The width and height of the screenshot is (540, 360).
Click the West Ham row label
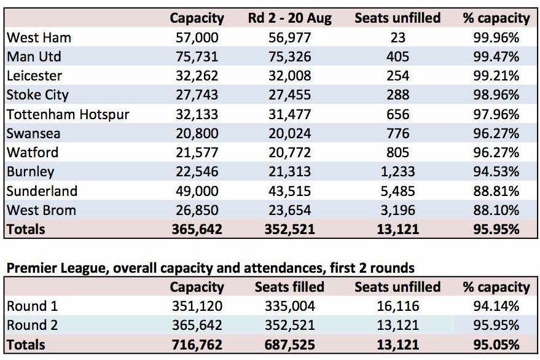[x=39, y=37]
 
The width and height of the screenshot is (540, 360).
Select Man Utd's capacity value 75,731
[x=197, y=57]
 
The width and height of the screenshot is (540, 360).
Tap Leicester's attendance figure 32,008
[x=289, y=76]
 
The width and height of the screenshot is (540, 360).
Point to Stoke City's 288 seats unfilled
[x=397, y=95]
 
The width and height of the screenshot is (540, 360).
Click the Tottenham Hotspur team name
[x=68, y=114]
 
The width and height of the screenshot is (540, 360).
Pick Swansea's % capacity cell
[x=496, y=133]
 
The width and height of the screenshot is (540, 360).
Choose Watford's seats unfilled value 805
[x=397, y=152]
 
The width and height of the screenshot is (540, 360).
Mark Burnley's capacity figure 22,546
[x=197, y=171]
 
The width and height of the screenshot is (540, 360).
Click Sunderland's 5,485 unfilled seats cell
[x=397, y=191]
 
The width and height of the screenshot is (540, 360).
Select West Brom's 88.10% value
[x=496, y=210]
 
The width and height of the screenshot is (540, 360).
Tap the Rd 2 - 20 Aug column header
[x=289, y=18]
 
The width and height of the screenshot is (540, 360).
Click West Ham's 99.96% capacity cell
[x=496, y=37]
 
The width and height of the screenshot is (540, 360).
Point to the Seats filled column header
[x=289, y=287]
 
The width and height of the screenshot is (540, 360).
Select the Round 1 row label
[x=33, y=306]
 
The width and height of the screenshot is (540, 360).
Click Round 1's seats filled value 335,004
[x=289, y=306]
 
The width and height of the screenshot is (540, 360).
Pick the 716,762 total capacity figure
[x=197, y=345]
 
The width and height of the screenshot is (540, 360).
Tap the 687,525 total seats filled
[x=289, y=345]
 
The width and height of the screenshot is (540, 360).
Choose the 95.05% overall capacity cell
[x=496, y=345]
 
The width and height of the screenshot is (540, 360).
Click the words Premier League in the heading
[x=57, y=268]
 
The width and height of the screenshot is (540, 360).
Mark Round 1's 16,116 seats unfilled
[x=397, y=306]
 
